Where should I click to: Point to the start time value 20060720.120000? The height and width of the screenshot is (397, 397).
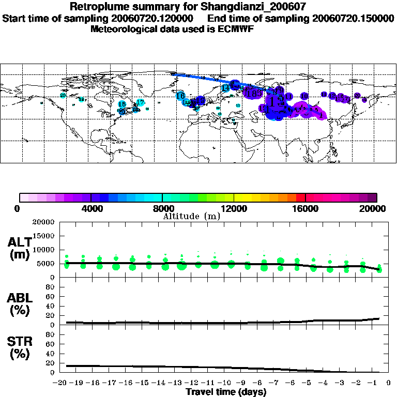click(155, 19)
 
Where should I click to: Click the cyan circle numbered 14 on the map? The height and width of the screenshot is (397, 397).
click(225, 88)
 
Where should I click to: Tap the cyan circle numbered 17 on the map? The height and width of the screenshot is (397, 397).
click(140, 102)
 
